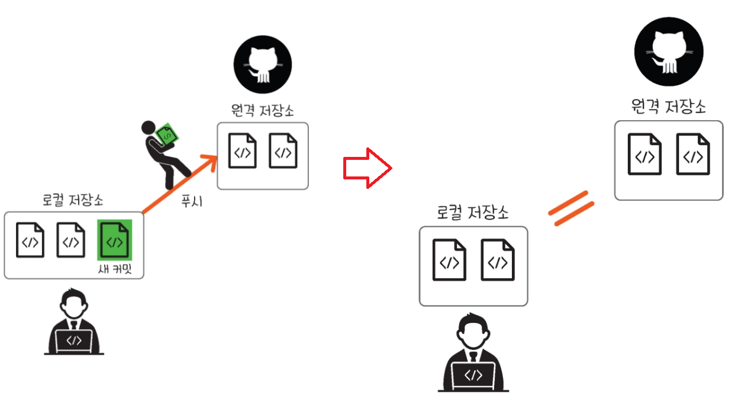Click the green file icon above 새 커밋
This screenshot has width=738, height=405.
114,240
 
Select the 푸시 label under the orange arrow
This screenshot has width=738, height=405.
191,201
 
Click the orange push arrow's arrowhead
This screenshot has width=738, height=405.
208,160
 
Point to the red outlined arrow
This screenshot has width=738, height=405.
367,169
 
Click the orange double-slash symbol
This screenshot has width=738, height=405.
571,208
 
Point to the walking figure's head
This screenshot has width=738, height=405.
148,127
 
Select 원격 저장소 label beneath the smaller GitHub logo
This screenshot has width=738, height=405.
262,111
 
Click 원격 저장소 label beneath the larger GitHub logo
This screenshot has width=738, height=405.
668,107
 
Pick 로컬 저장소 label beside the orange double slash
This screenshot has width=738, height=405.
473,213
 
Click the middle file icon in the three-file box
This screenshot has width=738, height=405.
70,240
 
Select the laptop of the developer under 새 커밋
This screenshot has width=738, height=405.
73,340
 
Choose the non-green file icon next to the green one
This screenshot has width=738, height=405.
70,240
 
